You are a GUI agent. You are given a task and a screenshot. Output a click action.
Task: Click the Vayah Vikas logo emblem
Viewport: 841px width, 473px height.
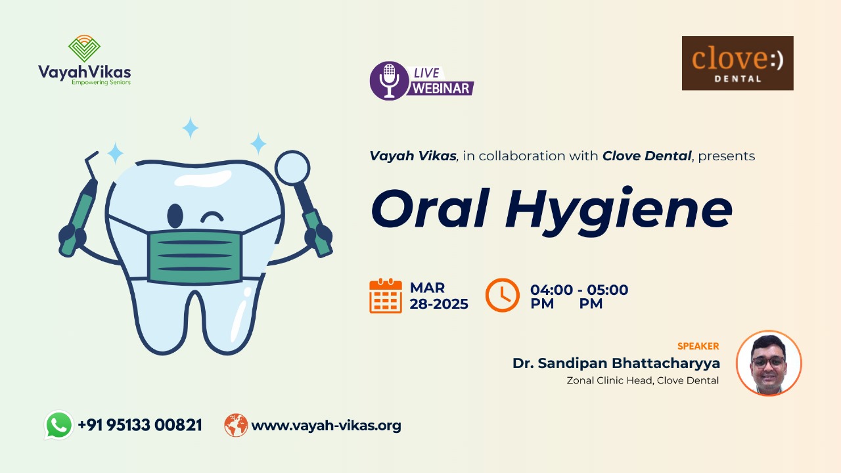click(x=84, y=49)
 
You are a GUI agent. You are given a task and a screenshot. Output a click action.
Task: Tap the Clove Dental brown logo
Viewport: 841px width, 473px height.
click(x=737, y=63)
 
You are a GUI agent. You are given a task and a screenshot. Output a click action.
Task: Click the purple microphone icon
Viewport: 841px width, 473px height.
click(x=389, y=80)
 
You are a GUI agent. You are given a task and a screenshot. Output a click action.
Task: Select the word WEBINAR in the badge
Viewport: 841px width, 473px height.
click(x=441, y=89)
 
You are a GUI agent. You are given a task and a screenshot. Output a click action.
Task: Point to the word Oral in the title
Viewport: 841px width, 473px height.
click(x=430, y=208)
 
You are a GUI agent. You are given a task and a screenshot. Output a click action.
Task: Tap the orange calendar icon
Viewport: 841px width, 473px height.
click(x=386, y=296)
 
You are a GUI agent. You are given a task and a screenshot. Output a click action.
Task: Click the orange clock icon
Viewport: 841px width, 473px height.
click(x=503, y=295)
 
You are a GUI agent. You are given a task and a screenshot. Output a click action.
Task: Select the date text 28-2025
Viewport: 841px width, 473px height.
click(x=438, y=304)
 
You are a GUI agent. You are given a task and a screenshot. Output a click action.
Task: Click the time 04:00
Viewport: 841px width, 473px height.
click(x=551, y=290)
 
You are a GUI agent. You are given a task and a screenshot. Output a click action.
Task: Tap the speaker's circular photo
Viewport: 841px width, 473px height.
click(x=769, y=363)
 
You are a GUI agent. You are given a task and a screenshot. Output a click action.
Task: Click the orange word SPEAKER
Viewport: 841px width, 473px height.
click(x=698, y=346)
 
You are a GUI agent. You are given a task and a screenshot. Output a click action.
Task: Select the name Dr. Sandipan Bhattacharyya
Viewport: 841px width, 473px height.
click(x=616, y=363)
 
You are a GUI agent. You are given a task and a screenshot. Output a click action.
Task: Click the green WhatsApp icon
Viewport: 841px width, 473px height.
click(x=58, y=425)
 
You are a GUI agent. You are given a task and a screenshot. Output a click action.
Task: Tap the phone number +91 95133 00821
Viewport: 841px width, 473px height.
click(x=140, y=425)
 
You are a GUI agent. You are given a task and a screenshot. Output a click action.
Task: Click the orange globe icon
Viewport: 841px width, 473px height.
click(x=236, y=425)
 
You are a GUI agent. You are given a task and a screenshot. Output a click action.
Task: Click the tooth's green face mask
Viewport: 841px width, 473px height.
click(x=194, y=257)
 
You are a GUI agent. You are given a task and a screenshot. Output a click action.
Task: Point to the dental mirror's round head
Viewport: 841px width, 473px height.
click(x=292, y=168)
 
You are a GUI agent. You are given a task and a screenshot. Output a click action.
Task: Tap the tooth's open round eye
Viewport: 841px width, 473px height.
click(x=175, y=216)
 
